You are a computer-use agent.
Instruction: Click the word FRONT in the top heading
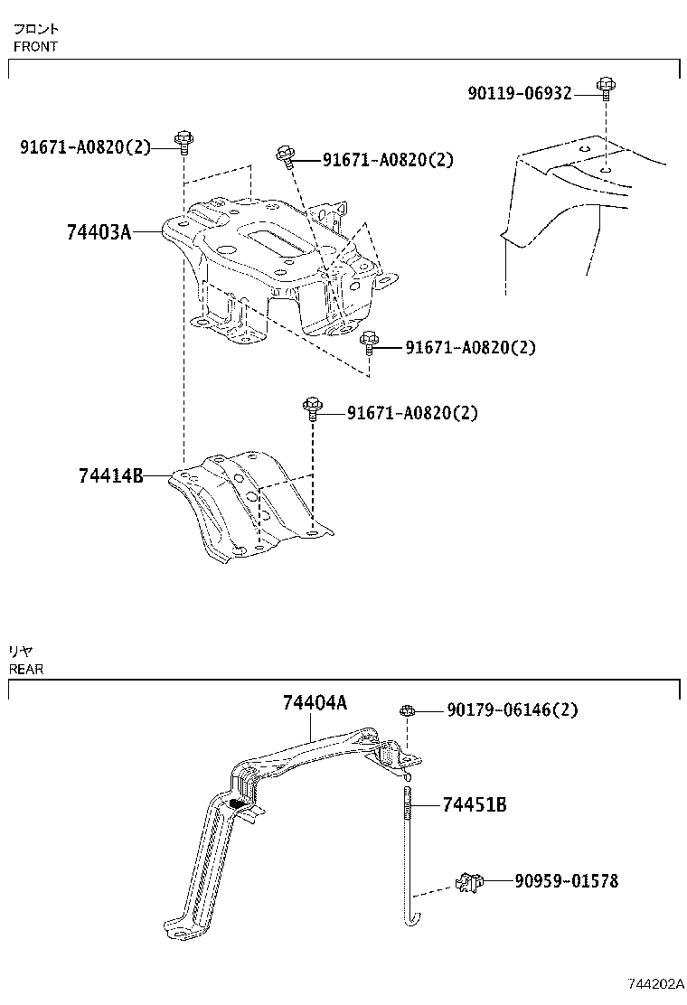tap(35, 47)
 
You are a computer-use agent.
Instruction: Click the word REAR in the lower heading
tap(26, 670)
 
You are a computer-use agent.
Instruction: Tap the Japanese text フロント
tap(35, 29)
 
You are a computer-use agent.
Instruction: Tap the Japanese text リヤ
tap(21, 652)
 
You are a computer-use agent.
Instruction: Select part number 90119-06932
tap(520, 93)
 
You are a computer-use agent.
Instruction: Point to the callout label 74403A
tap(99, 233)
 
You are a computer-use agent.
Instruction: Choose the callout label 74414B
tap(110, 475)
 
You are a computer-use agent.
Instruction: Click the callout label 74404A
tap(315, 702)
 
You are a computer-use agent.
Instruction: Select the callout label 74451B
tap(475, 804)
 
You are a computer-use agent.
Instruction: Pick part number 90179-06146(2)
tap(513, 710)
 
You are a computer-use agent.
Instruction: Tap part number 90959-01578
tap(567, 880)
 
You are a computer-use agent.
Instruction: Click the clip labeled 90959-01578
tap(469, 881)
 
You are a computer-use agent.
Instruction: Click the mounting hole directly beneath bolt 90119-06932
tap(605, 167)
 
